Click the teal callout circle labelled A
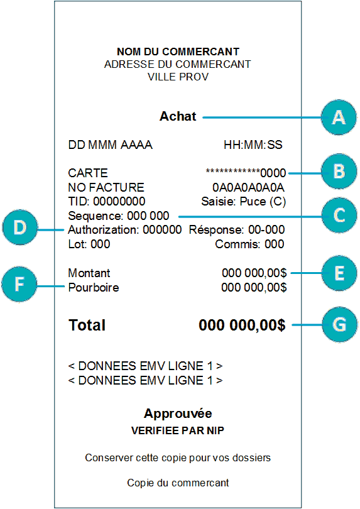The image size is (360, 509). [339, 118]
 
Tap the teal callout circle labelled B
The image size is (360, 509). [339, 172]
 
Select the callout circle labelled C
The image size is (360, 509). [339, 215]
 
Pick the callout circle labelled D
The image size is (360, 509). [20, 227]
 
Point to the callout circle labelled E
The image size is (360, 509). [339, 273]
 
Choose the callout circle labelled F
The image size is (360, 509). [19, 285]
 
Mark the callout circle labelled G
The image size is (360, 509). [339, 324]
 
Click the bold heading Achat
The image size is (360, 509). [178, 116]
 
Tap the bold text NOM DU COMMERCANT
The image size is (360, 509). [178, 52]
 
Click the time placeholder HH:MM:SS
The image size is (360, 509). [253, 145]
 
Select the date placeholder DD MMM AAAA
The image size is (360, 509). [110, 145]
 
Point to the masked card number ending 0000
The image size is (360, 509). [246, 172]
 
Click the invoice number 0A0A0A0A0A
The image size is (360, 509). [248, 187]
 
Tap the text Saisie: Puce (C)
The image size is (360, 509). [244, 202]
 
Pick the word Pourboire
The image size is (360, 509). [94, 287]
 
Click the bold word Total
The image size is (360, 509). [87, 325]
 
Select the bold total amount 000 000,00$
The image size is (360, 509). [242, 325]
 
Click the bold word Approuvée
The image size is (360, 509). [178, 414]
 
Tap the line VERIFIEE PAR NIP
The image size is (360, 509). [178, 430]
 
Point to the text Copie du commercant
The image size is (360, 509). [178, 483]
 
